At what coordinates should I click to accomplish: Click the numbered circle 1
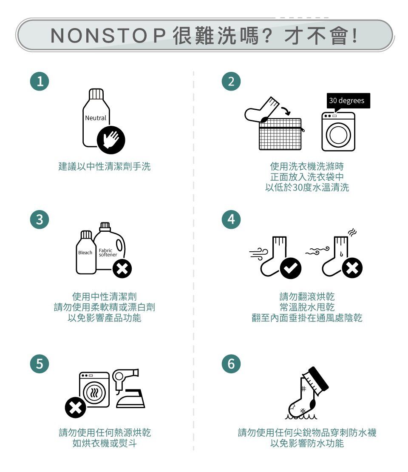point(40,81)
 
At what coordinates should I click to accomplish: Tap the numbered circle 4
point(231,219)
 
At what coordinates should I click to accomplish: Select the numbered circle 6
point(231,364)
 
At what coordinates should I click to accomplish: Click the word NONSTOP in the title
point(108,36)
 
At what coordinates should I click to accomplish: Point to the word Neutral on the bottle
point(96,118)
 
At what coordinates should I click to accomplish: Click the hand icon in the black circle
point(111,140)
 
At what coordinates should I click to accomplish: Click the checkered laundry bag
point(280,134)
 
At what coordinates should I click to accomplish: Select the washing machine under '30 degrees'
point(338,131)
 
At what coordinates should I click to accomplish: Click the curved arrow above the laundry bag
point(286,111)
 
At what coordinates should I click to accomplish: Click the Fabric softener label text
point(108,253)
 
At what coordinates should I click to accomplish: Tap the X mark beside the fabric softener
point(122,268)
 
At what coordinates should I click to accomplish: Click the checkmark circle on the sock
point(290,268)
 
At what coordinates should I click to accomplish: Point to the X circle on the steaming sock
point(352,267)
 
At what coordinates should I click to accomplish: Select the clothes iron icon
point(130,398)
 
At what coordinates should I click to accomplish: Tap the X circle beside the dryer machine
point(75,407)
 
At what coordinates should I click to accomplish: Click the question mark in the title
point(267,36)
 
